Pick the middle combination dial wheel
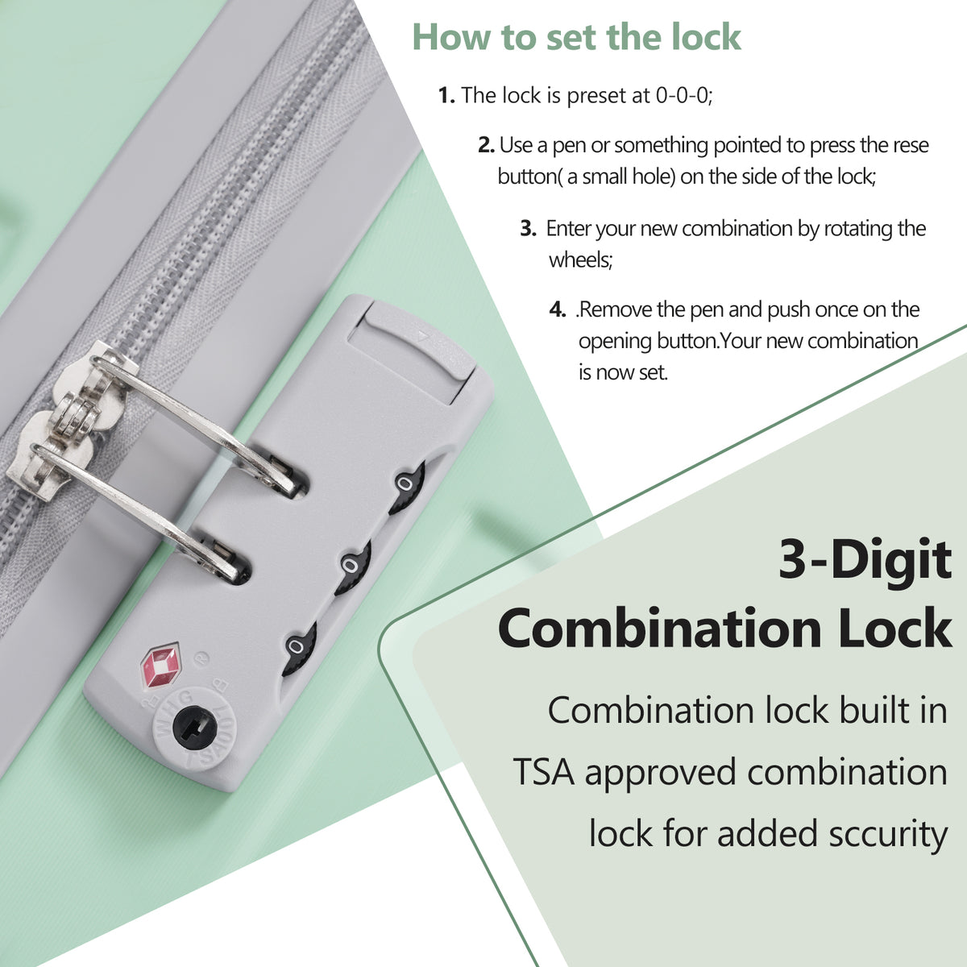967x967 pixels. [353, 567]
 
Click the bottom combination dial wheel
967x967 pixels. [299, 648]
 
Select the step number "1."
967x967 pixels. [446, 95]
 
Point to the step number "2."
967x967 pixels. [486, 145]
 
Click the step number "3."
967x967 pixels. [529, 228]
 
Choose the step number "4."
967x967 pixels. [558, 309]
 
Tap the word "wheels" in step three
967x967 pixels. [580, 260]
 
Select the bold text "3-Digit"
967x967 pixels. [865, 560]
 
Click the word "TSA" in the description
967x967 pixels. [543, 772]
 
